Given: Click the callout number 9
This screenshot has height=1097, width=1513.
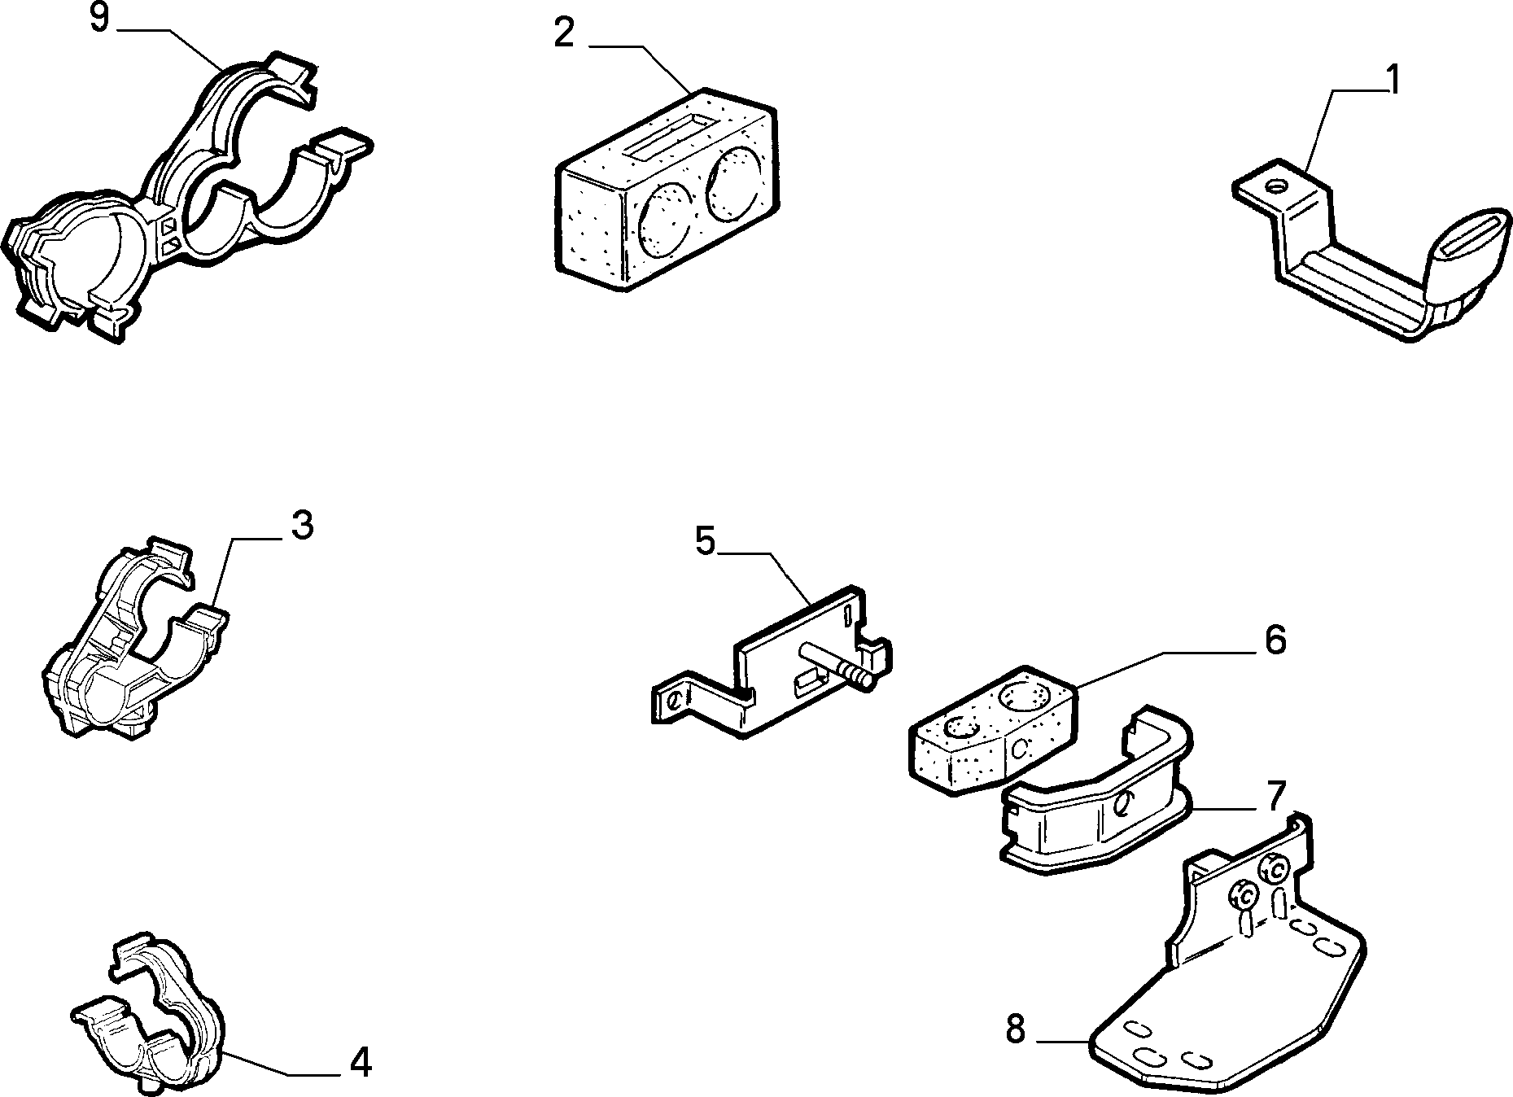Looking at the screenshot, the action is click(99, 18).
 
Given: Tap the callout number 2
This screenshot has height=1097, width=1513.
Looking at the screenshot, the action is click(564, 33).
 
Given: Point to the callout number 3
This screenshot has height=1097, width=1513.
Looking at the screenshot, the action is click(302, 526).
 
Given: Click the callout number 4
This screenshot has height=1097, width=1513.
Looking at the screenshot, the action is click(360, 1062).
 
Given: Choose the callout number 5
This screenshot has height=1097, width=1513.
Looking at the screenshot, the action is click(705, 540).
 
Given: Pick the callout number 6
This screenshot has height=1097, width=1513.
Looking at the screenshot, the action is click(1275, 640).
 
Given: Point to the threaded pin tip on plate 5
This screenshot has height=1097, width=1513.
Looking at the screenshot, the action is click(859, 674).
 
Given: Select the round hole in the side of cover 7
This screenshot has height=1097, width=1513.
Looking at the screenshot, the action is click(1122, 805).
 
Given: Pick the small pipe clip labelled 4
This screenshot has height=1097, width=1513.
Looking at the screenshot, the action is click(146, 1010).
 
